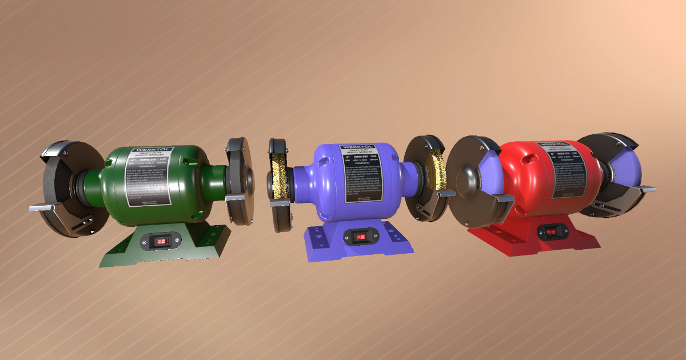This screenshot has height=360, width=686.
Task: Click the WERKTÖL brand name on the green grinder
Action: (148, 151)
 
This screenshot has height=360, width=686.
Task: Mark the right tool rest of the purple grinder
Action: (442, 193)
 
